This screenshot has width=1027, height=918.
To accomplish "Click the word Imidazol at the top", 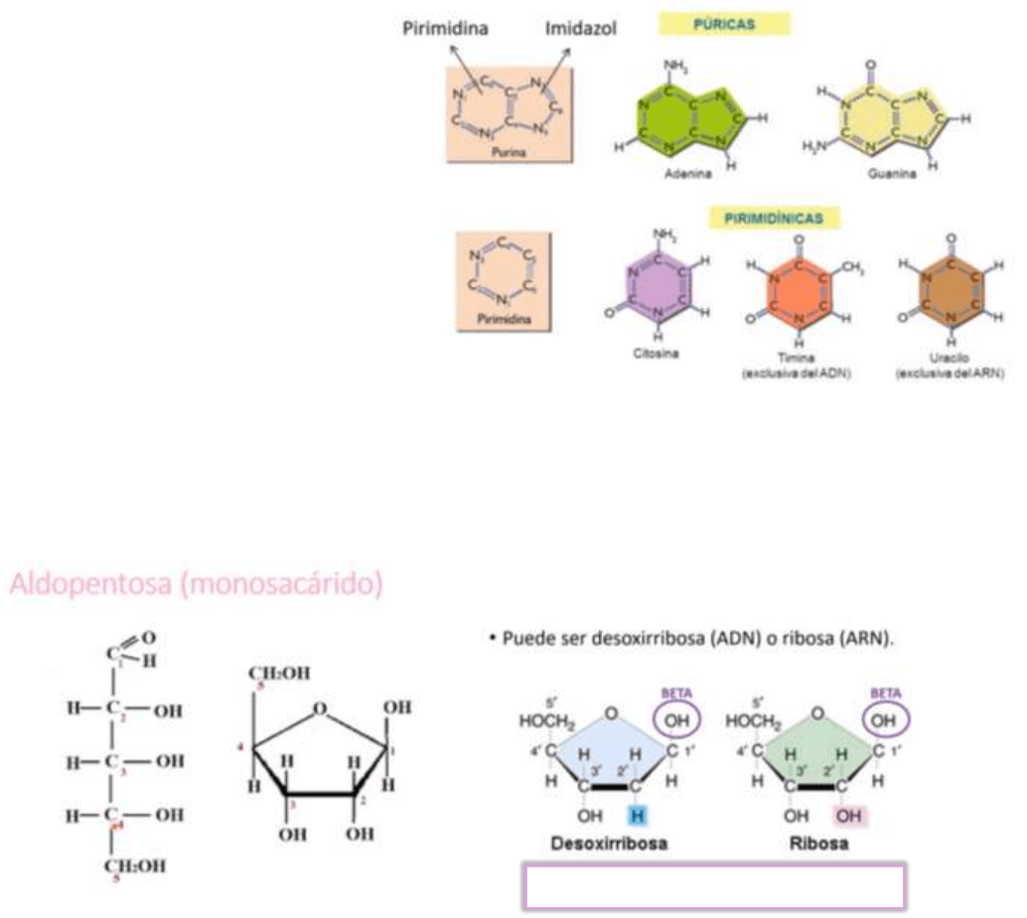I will click(x=581, y=29).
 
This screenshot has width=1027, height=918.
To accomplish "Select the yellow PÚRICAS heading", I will click(x=725, y=23).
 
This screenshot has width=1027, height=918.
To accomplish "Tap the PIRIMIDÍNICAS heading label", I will click(x=775, y=216).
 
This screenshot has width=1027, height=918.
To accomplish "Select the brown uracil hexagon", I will click(x=951, y=288).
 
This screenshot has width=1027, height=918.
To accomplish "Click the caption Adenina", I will click(x=688, y=173).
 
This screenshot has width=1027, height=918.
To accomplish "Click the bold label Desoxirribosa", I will click(x=608, y=843).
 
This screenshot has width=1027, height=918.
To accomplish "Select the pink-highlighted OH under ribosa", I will click(x=848, y=816).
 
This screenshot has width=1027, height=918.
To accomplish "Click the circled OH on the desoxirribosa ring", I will click(x=674, y=718).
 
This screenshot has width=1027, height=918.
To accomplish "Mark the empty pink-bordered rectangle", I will click(x=713, y=886).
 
